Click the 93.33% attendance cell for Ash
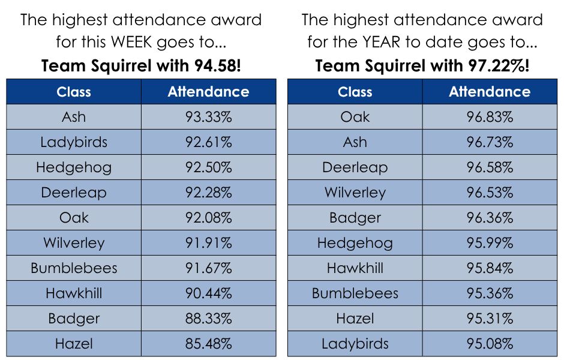click(x=209, y=117)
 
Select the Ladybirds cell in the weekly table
click(x=74, y=142)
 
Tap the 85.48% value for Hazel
click(x=209, y=343)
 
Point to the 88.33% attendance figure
click(x=209, y=318)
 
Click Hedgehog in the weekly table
click(x=74, y=167)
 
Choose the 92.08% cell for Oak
click(x=209, y=218)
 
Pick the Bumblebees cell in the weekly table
click(x=74, y=268)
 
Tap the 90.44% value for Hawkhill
click(x=209, y=293)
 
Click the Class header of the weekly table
click(x=74, y=92)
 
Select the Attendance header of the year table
click(x=490, y=92)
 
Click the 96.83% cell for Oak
click(x=490, y=117)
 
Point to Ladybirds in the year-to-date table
click(x=355, y=343)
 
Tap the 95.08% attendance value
click(x=490, y=343)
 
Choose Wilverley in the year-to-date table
click(x=355, y=193)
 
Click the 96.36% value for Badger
click(x=490, y=218)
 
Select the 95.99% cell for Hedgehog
click(x=490, y=243)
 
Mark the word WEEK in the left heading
click(x=131, y=42)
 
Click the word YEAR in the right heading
click(x=381, y=42)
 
